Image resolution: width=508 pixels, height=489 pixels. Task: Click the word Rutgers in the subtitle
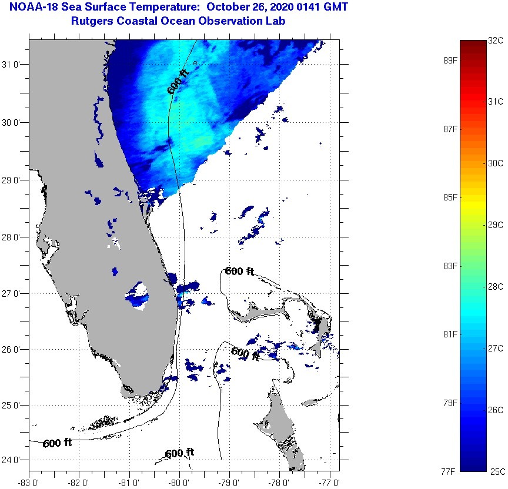(92, 21)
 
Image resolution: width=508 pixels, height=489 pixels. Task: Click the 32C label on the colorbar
(496, 41)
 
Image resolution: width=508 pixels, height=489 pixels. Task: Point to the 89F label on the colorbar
(450, 60)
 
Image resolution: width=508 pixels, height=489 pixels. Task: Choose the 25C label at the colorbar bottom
(496, 471)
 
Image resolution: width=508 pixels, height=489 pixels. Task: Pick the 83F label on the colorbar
(450, 266)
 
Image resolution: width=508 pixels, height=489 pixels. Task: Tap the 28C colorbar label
(496, 286)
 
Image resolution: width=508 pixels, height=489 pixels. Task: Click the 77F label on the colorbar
(450, 471)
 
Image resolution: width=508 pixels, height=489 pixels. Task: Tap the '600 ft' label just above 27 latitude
(240, 271)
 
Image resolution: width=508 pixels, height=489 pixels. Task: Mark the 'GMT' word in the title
(333, 8)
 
